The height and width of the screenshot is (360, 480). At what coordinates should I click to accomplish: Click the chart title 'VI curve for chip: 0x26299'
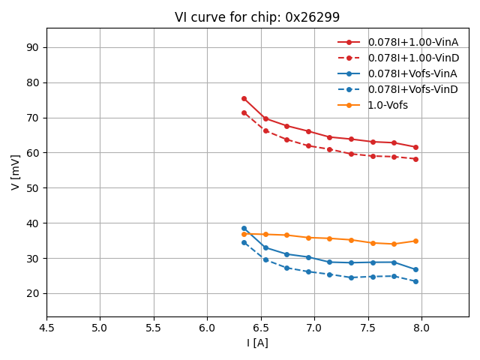pos(257,17)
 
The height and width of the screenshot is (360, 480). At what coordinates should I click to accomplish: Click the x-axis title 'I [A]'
pos(257,343)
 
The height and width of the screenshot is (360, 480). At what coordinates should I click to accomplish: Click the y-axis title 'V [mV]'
pos(16,172)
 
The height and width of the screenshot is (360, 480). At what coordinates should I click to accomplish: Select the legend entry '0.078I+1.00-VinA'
pos(412,42)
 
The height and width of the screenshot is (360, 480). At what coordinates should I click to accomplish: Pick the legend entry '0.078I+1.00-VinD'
pos(412,58)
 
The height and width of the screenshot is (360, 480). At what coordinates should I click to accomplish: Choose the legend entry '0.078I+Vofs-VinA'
pos(412,73)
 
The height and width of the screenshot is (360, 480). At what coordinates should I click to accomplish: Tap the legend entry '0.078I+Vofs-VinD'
pos(412,89)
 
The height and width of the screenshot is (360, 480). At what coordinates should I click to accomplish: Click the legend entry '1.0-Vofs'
pos(388,105)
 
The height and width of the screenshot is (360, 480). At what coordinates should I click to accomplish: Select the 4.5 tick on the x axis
pos(46,328)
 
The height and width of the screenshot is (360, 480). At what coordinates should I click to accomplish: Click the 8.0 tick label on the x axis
pos(421,328)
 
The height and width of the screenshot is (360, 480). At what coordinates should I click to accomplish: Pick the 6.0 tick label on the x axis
pos(207,328)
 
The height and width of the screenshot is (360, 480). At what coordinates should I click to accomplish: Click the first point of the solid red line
pos(244,98)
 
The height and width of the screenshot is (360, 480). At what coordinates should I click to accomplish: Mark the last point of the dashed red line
pos(415,159)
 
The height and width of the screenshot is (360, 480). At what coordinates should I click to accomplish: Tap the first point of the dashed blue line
pos(244,242)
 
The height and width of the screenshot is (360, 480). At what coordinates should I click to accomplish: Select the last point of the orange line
pos(415,241)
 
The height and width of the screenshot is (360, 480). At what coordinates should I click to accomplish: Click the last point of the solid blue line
pos(415,269)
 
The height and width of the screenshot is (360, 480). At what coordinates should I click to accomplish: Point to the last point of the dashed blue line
pos(415,281)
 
